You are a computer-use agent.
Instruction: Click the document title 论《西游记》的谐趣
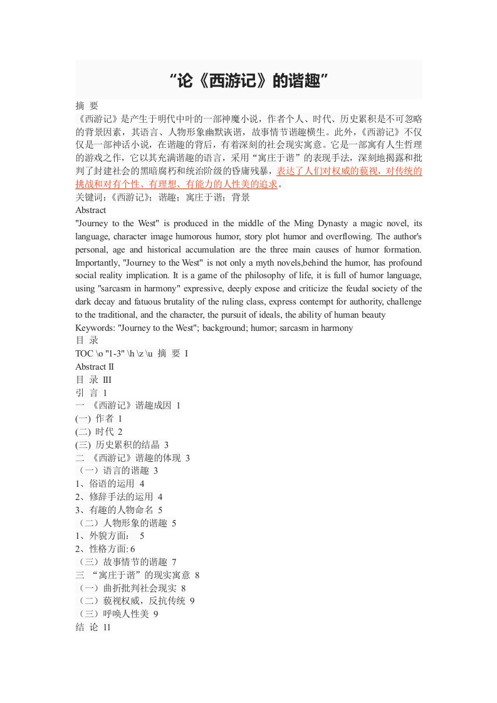248,80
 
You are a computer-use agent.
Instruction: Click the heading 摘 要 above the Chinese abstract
86,105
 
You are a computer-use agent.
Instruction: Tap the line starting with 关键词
162,197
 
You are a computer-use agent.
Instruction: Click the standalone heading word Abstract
91,211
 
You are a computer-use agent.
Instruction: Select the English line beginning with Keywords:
214,328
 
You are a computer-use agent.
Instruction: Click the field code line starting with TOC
132,354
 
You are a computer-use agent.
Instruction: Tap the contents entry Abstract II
95,367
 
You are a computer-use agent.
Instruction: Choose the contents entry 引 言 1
92,392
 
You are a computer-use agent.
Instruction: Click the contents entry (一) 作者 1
99,419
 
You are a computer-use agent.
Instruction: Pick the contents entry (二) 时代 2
99,432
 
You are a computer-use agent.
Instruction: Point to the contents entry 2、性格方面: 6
105,549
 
